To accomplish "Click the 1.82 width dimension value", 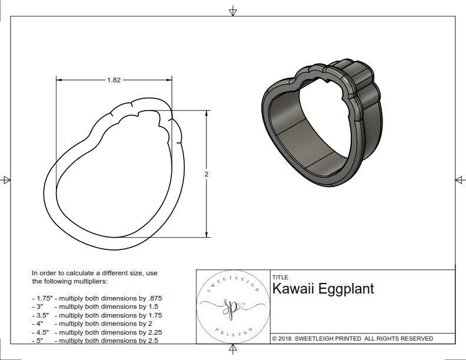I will (x=114, y=81).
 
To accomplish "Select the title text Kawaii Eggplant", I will (x=323, y=289).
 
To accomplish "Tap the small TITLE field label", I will (x=280, y=277).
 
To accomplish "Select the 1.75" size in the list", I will (x=44, y=298).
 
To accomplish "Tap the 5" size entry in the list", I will (x=39, y=340).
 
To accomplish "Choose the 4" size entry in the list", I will (x=39, y=324).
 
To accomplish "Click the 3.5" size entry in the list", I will (x=42, y=315).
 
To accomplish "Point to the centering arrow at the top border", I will (x=233, y=11).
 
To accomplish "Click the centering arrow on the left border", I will (x=6, y=180).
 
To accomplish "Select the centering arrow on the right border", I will (x=460, y=180).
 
